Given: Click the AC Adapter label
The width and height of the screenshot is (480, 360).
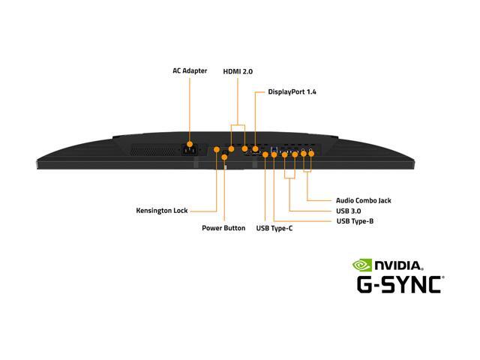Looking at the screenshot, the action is tap(190, 70).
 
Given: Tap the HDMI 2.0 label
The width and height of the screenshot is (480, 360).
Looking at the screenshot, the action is tap(238, 72).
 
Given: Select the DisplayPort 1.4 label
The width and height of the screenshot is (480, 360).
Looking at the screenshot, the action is tap(292, 91).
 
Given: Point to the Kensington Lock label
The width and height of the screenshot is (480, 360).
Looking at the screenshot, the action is tap(162, 211).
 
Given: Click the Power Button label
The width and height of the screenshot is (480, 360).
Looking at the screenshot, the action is tap(223, 228).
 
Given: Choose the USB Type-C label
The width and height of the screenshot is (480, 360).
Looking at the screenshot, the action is tap(274, 228).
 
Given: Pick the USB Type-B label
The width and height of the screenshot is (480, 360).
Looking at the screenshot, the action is tap(355, 221).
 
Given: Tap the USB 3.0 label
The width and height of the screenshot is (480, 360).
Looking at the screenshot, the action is tap(348, 211).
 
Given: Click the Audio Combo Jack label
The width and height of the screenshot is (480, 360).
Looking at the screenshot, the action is tap(364, 200).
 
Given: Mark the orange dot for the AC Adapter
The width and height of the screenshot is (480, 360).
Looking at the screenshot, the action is tap(190, 144).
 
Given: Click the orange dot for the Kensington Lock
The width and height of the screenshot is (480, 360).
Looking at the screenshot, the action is tap(217, 149).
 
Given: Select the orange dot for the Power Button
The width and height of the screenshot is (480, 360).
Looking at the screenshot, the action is tap(224, 157).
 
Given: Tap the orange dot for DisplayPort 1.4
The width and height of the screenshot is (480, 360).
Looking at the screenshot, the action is tap(256, 148).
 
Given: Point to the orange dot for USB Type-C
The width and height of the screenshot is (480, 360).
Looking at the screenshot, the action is tap(265, 154).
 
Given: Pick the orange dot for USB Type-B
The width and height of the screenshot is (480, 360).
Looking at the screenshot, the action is tap(274, 154).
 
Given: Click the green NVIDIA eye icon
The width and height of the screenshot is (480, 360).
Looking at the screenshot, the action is tap(361, 265).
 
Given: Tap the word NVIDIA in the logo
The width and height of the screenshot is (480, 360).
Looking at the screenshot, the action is tap(399, 265).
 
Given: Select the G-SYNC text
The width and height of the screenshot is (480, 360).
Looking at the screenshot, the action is tap(400, 284).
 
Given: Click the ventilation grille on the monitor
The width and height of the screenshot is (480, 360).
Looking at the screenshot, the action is tap(154, 150).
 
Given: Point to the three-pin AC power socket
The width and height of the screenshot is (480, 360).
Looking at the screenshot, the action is tap(190, 150).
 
